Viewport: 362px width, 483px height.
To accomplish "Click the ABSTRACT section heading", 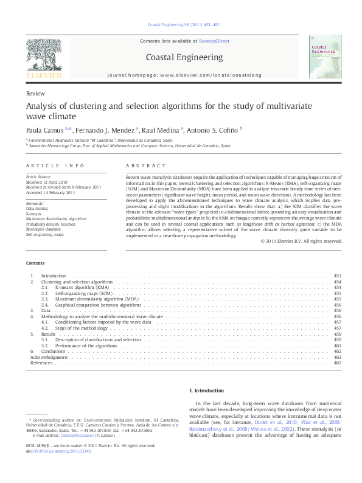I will (x=145, y=166).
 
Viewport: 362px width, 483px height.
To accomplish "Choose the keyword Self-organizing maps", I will (x=44, y=234).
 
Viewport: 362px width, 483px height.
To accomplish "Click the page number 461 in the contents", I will (x=337, y=346).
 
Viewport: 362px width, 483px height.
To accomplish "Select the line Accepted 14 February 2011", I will (x=50, y=192).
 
